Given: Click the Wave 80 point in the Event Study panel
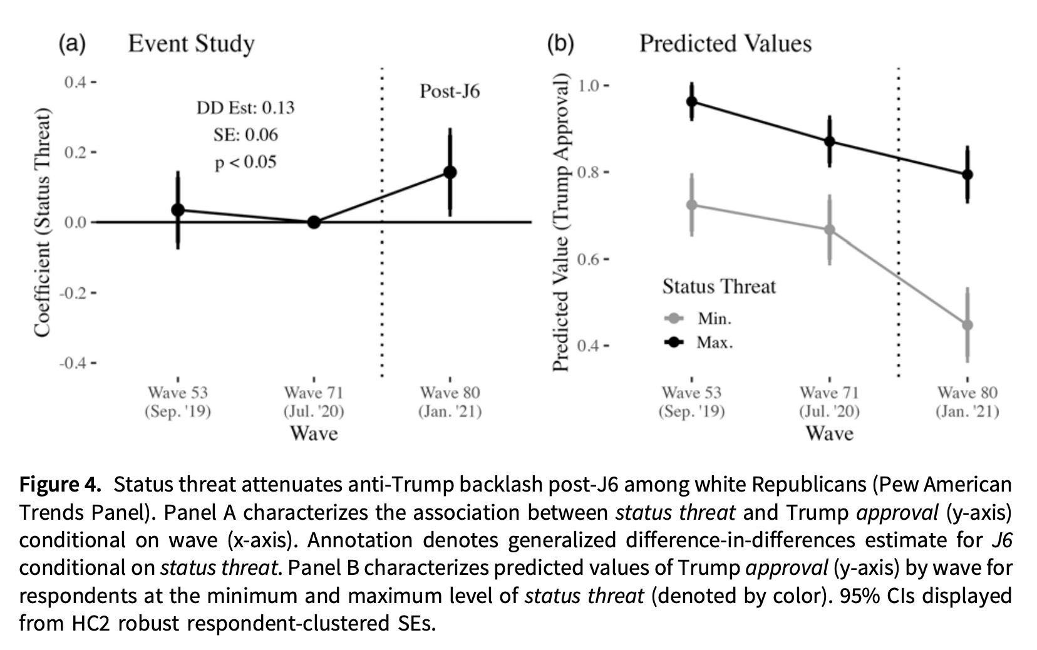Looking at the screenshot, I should pos(450,172).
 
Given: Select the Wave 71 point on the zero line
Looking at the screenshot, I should pos(314,222).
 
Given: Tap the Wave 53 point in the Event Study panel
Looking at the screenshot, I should pos(178,210).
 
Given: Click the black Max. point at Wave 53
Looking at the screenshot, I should pos(691,101).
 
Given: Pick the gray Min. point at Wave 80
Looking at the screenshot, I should pos(967,325).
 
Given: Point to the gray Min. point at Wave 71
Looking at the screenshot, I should pos(830,230).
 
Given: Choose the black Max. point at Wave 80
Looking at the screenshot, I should pos(967,175).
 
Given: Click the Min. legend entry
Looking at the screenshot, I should pos(714,319).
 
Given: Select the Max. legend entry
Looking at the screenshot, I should pos(714,343).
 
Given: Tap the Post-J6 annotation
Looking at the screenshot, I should pos(450,91).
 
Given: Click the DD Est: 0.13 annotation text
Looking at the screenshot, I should pos(245,108).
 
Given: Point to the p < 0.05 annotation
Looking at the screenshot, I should pos(245,162).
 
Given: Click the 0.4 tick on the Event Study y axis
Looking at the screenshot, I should pos(76,82).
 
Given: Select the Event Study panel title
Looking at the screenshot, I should pos(191,44).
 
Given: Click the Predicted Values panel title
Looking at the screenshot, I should pos(725,44).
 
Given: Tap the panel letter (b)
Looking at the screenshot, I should pos(560,44).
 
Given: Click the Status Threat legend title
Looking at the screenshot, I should pos(719,287).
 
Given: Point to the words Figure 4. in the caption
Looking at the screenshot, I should pos(60,485).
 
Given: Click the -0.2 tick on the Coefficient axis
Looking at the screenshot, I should pos(74,292).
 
